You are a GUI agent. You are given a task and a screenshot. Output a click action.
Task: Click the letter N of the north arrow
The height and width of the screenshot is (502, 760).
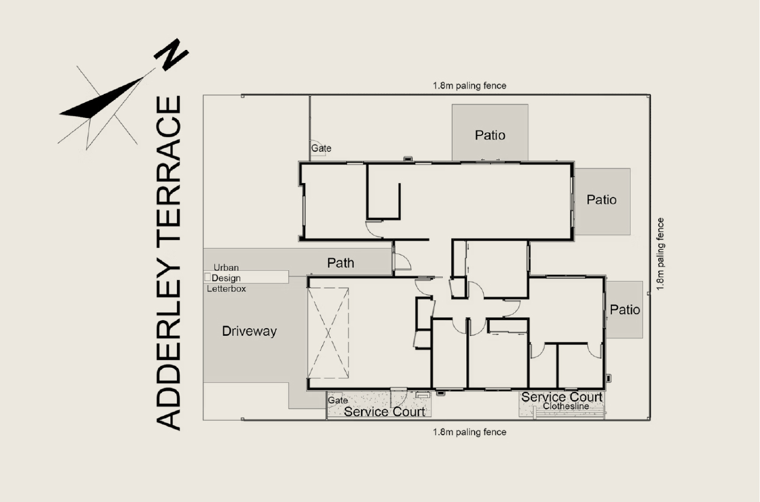[171, 54]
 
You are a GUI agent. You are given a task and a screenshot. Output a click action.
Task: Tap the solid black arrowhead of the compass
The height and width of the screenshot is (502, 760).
[101, 99]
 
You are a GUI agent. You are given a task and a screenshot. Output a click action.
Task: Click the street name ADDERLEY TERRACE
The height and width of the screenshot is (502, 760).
[168, 263]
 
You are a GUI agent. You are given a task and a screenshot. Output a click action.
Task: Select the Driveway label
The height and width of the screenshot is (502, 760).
[249, 331]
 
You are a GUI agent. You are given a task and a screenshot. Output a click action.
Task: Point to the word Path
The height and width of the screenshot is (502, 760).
[341, 263]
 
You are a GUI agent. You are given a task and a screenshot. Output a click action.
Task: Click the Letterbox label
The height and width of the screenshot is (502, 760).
[226, 289]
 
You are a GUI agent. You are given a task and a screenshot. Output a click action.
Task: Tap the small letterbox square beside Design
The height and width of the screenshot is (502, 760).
[208, 277]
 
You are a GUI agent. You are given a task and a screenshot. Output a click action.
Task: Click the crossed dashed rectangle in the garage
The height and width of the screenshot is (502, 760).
[328, 333]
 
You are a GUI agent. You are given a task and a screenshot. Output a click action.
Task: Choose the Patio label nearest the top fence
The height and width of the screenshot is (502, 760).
[490, 135]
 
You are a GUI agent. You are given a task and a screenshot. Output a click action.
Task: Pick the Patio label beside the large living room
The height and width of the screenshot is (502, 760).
[602, 200]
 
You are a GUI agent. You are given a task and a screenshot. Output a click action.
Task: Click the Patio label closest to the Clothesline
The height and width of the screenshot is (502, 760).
[625, 310]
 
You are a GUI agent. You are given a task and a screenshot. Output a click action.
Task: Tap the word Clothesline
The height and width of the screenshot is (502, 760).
[566, 406]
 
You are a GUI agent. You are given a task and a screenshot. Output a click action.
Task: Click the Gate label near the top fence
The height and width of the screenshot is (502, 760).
[321, 148]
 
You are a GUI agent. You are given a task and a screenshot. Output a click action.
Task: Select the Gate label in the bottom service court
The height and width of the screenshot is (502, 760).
[338, 400]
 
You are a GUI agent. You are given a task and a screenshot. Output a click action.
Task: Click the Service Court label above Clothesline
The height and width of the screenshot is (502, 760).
[562, 397]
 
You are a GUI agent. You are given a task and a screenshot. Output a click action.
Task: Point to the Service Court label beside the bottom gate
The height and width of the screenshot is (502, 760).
[385, 412]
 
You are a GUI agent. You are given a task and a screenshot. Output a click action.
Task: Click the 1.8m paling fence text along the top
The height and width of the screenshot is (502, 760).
[469, 86]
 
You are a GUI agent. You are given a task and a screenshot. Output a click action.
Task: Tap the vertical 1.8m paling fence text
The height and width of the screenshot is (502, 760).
[660, 254]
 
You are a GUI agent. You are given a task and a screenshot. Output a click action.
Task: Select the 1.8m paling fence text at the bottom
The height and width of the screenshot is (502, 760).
[469, 432]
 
